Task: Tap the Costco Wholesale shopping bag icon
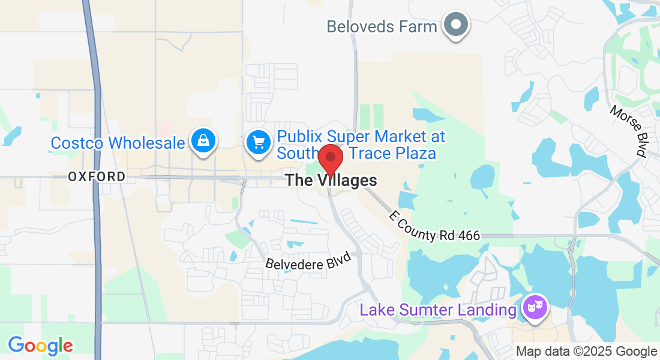point(203,141)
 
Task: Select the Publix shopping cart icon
point(259,143)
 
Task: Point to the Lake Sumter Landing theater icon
point(535,308)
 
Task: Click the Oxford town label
point(97,176)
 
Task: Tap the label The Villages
point(331,180)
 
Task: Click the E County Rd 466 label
point(435,226)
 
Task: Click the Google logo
point(40,346)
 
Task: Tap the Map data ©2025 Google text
point(586,352)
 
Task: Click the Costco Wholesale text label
point(118,143)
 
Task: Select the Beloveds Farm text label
point(382,26)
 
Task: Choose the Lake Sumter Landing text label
point(437,310)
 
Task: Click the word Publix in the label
point(300,137)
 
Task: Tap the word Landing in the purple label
point(486,310)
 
